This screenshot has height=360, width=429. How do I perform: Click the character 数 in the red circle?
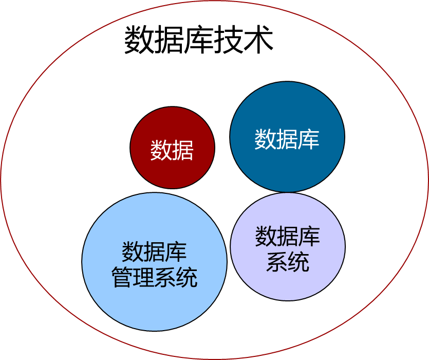[161, 150]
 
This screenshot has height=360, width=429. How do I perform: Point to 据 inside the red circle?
[183, 150]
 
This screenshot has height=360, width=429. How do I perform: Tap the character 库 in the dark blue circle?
[309, 139]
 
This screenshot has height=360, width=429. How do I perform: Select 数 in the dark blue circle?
[265, 139]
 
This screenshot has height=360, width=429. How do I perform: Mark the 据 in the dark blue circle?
[287, 139]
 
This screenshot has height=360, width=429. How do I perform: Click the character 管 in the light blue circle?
[122, 278]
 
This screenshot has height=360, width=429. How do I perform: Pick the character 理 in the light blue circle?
[143, 278]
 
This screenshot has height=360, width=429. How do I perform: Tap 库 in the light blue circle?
[176, 251]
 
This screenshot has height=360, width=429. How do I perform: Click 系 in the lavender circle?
[276, 262]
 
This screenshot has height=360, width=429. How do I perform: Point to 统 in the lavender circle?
[299, 262]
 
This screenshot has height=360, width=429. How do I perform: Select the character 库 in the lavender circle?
[309, 236]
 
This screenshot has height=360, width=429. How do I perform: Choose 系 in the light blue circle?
[165, 278]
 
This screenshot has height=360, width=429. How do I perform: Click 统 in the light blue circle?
[186, 278]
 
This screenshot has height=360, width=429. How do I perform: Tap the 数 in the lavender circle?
[266, 236]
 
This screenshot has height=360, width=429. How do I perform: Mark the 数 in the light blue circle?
[133, 251]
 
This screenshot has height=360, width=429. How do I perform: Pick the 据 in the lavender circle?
[287, 236]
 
